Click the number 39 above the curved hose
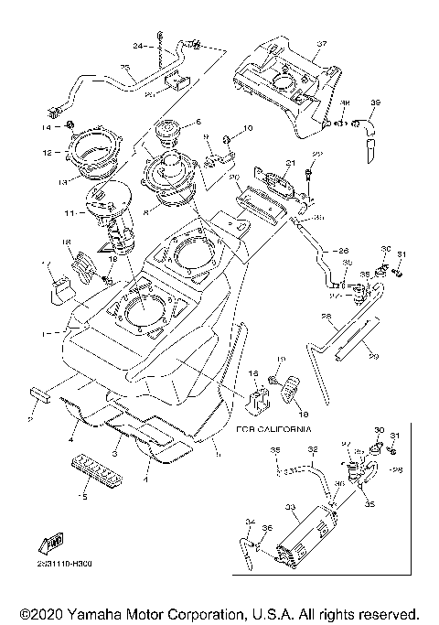375,102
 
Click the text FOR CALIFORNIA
273,428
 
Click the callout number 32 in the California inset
312,450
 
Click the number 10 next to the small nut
247,127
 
